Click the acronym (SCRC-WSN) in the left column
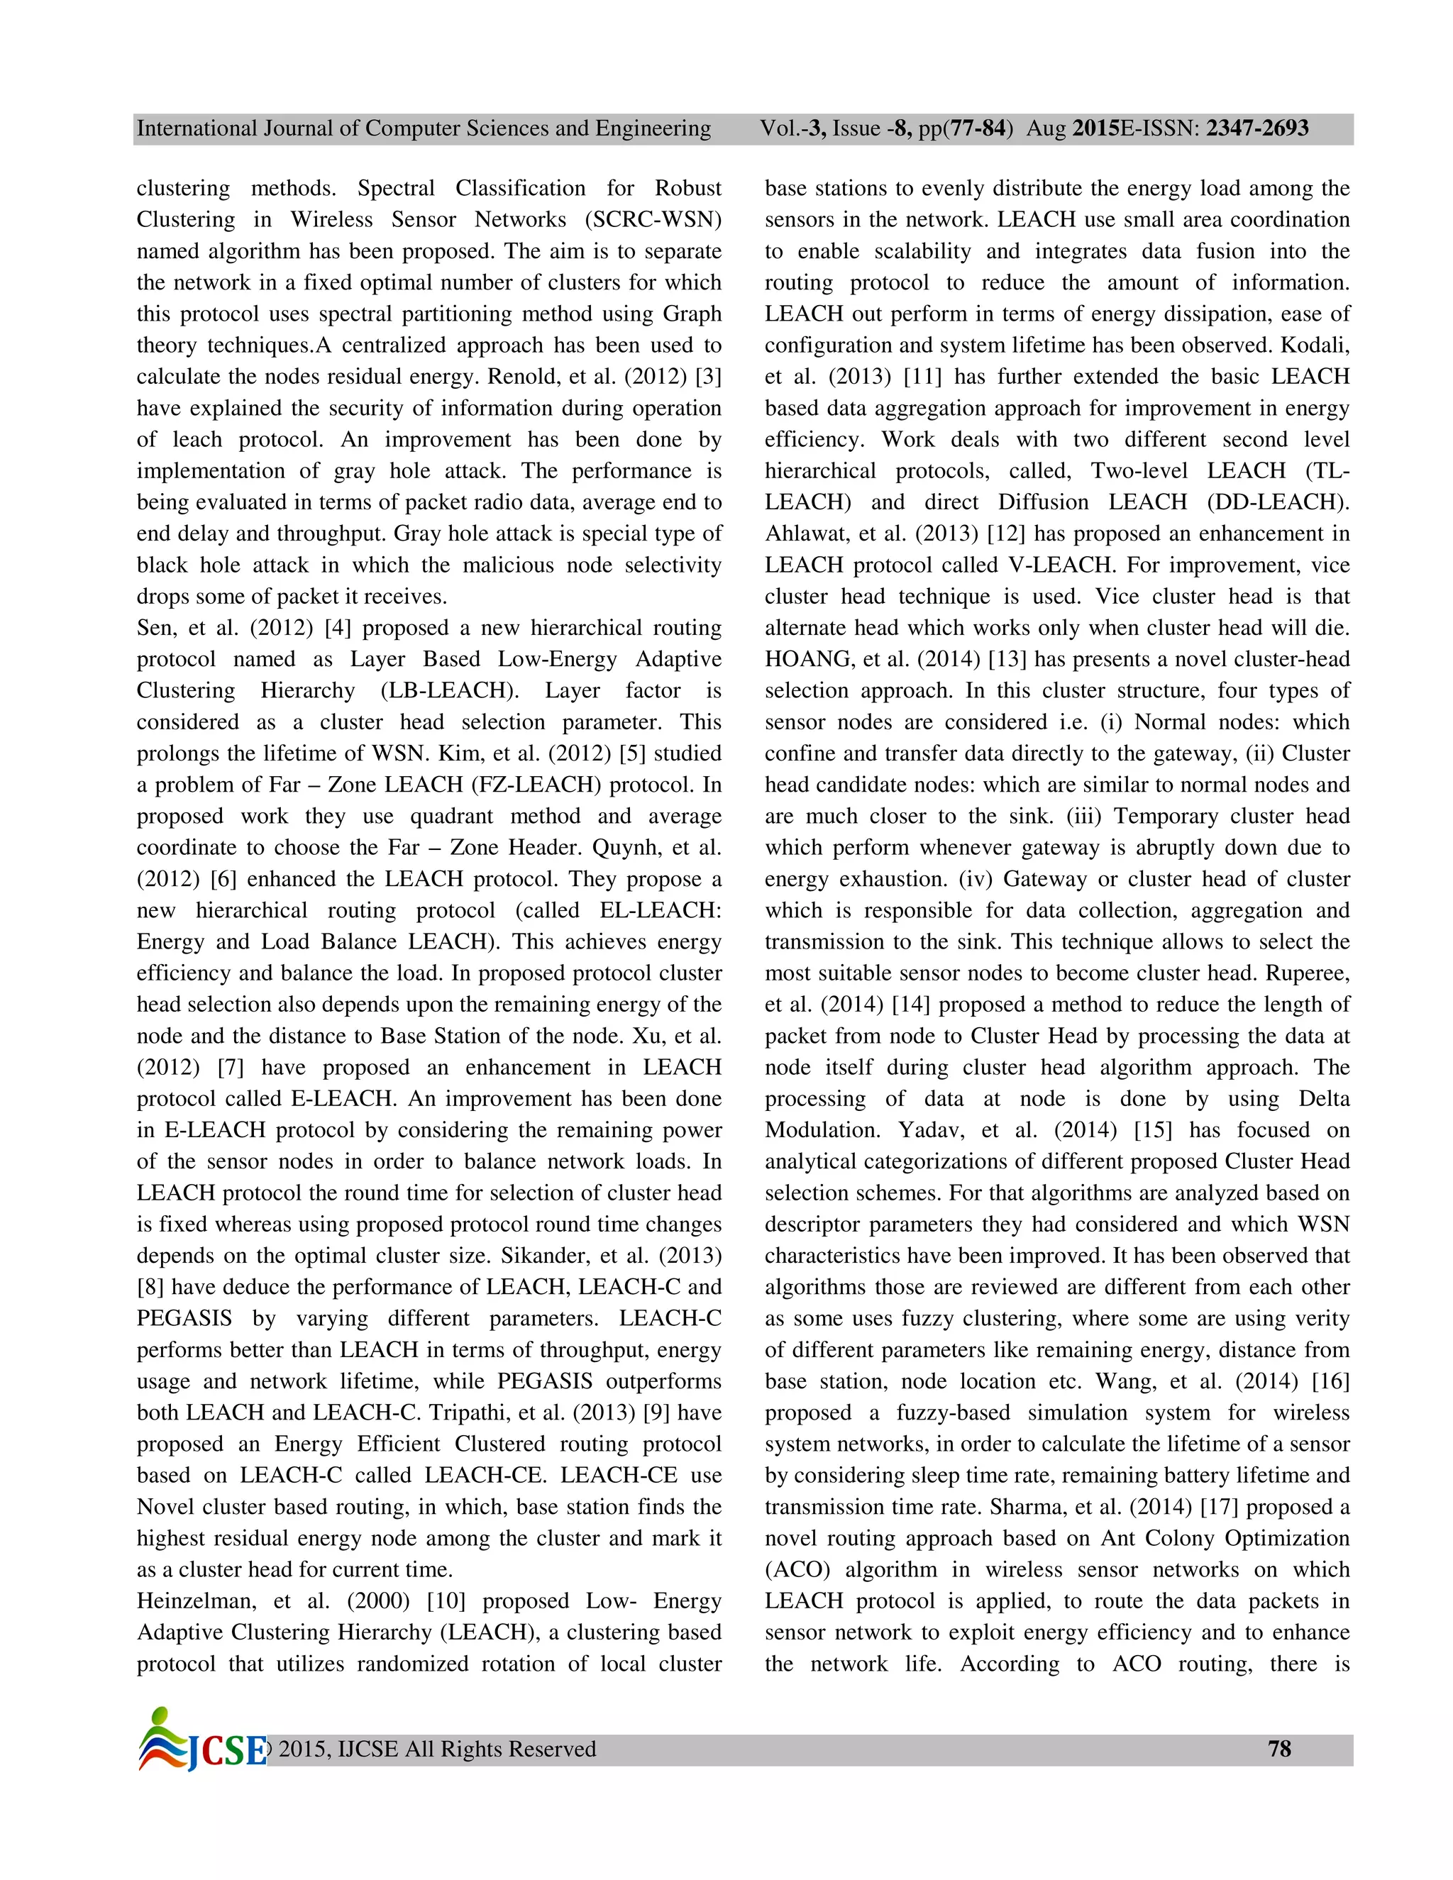653,219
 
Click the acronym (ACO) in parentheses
797,1569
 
